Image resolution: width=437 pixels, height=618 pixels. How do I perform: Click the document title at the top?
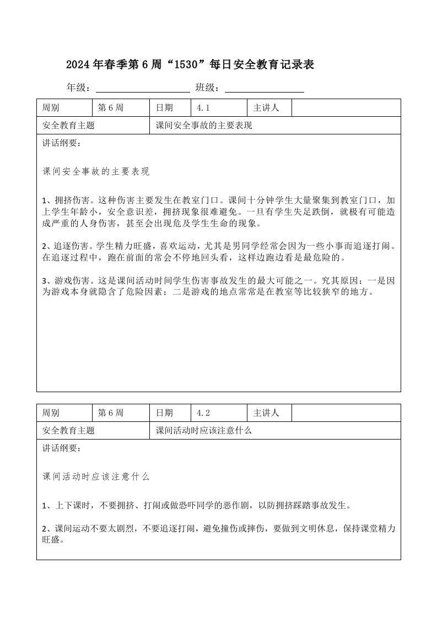pyautogui.click(x=190, y=65)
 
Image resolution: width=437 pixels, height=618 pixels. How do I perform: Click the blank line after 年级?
pyautogui.click(x=143, y=88)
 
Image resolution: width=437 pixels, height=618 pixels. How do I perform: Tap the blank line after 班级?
pyautogui.click(x=265, y=88)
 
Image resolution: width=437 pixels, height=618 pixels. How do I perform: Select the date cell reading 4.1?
pyautogui.click(x=219, y=108)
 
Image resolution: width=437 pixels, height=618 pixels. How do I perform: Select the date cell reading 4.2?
pyautogui.click(x=219, y=413)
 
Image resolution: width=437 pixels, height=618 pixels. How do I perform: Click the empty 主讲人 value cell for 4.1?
pyautogui.click(x=346, y=108)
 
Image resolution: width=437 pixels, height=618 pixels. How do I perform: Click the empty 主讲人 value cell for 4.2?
pyautogui.click(x=346, y=413)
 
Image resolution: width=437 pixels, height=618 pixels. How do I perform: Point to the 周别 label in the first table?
pyautogui.click(x=51, y=108)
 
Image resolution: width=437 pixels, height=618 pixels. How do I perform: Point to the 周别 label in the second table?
pyautogui.click(x=51, y=413)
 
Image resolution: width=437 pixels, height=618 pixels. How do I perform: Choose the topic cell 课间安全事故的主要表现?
pyautogui.click(x=204, y=126)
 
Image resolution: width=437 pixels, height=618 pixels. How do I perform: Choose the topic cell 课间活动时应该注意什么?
pyautogui.click(x=204, y=430)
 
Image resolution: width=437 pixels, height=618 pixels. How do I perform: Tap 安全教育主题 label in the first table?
pyautogui.click(x=68, y=126)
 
